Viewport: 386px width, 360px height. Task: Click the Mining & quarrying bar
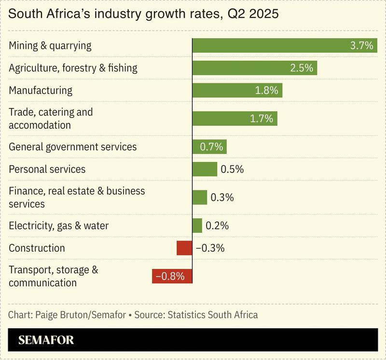coord(270,46)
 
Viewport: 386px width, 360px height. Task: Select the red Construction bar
coord(184,248)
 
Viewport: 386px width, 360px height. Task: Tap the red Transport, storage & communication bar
coord(172,276)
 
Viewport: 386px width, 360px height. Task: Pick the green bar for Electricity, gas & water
coord(197,226)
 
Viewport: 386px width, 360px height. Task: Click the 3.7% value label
coord(361,46)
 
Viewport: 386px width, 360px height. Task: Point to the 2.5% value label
coord(302,68)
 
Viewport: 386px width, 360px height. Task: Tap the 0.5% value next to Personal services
coord(232,169)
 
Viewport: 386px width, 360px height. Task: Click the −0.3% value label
coord(210,248)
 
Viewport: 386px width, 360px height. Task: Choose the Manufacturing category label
coord(41,90)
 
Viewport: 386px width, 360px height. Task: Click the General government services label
coord(73,147)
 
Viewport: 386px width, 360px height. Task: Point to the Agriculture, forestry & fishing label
coord(73,68)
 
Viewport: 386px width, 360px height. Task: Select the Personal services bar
coord(205,169)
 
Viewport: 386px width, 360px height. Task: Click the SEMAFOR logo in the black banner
coord(46,340)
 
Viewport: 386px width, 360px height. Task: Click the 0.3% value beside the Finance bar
coord(222,197)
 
